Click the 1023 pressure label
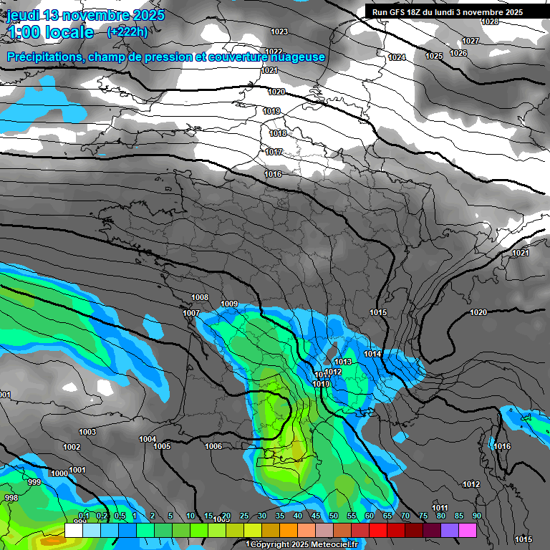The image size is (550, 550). tap(279, 32)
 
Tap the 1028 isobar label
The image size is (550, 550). tap(490, 21)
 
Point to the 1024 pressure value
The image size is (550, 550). tap(397, 57)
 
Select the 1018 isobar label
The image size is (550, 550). tap(278, 134)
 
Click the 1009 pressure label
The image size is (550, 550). tap(229, 304)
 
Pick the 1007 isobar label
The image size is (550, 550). tap(191, 314)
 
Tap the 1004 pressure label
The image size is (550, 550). tap(148, 439)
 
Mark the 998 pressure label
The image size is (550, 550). tap(11, 498)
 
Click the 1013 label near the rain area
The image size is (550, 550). tap(343, 362)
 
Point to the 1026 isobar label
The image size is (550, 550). tap(458, 54)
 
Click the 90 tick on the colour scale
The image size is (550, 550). tap(477, 516)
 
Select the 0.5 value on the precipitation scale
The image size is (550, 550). tap(120, 516)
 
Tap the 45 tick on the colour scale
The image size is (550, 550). tap(316, 516)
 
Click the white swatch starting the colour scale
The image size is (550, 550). tap(74, 530)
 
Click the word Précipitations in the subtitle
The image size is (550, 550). tap(42, 57)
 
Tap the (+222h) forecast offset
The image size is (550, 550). tap(127, 32)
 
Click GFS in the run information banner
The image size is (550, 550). tap(398, 12)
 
